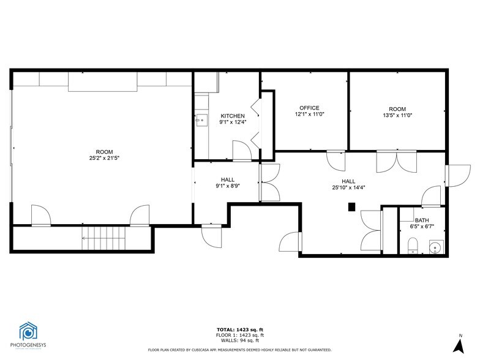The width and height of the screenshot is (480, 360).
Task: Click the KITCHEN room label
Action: point(233,116)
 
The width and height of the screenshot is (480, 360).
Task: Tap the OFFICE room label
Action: point(309,108)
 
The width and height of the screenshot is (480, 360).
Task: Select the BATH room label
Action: point(422,220)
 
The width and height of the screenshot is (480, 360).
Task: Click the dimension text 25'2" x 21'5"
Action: point(104,159)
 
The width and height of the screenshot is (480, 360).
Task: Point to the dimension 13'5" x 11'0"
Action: point(397,114)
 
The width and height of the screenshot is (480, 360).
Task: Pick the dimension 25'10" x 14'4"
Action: point(348,188)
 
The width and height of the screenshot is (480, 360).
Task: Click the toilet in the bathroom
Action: point(413,247)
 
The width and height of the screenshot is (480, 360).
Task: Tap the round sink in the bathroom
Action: point(435,247)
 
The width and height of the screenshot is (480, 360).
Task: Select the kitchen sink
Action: point(200,120)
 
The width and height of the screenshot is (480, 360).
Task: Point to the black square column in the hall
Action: point(352,207)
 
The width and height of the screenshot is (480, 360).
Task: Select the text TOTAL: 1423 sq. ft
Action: point(240,330)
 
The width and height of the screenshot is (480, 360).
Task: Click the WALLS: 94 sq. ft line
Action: point(240,340)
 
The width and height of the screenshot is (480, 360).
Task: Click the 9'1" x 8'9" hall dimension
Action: point(228,186)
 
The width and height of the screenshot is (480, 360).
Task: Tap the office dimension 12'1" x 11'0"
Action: point(309,114)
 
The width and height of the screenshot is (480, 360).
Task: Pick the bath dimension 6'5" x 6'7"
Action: point(422,227)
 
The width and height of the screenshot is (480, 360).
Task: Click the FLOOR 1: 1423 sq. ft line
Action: point(240,336)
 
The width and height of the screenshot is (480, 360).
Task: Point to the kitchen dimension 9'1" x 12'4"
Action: point(233,122)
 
